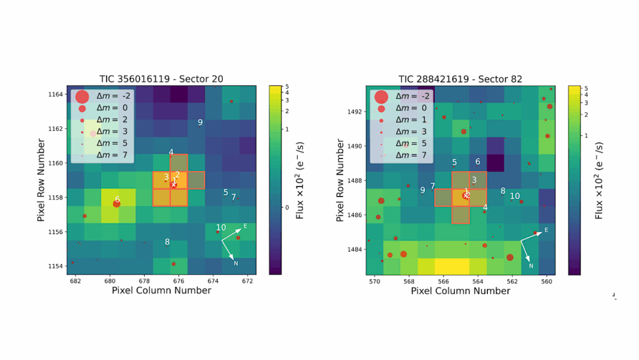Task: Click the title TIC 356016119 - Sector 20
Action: (161, 79)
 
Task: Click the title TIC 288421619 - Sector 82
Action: (461, 79)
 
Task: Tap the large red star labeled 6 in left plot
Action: (117, 203)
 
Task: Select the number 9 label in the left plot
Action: (200, 122)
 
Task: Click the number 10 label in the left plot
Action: (221, 228)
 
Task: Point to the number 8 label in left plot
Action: (167, 242)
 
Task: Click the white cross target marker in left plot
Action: (174, 185)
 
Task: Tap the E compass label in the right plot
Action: (546, 230)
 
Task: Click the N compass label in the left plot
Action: (235, 263)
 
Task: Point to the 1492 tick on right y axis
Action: (354, 112)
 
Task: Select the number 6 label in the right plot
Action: (477, 162)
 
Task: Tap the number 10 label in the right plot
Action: (515, 196)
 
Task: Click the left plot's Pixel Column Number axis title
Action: (161, 291)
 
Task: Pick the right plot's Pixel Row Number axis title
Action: (340, 181)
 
